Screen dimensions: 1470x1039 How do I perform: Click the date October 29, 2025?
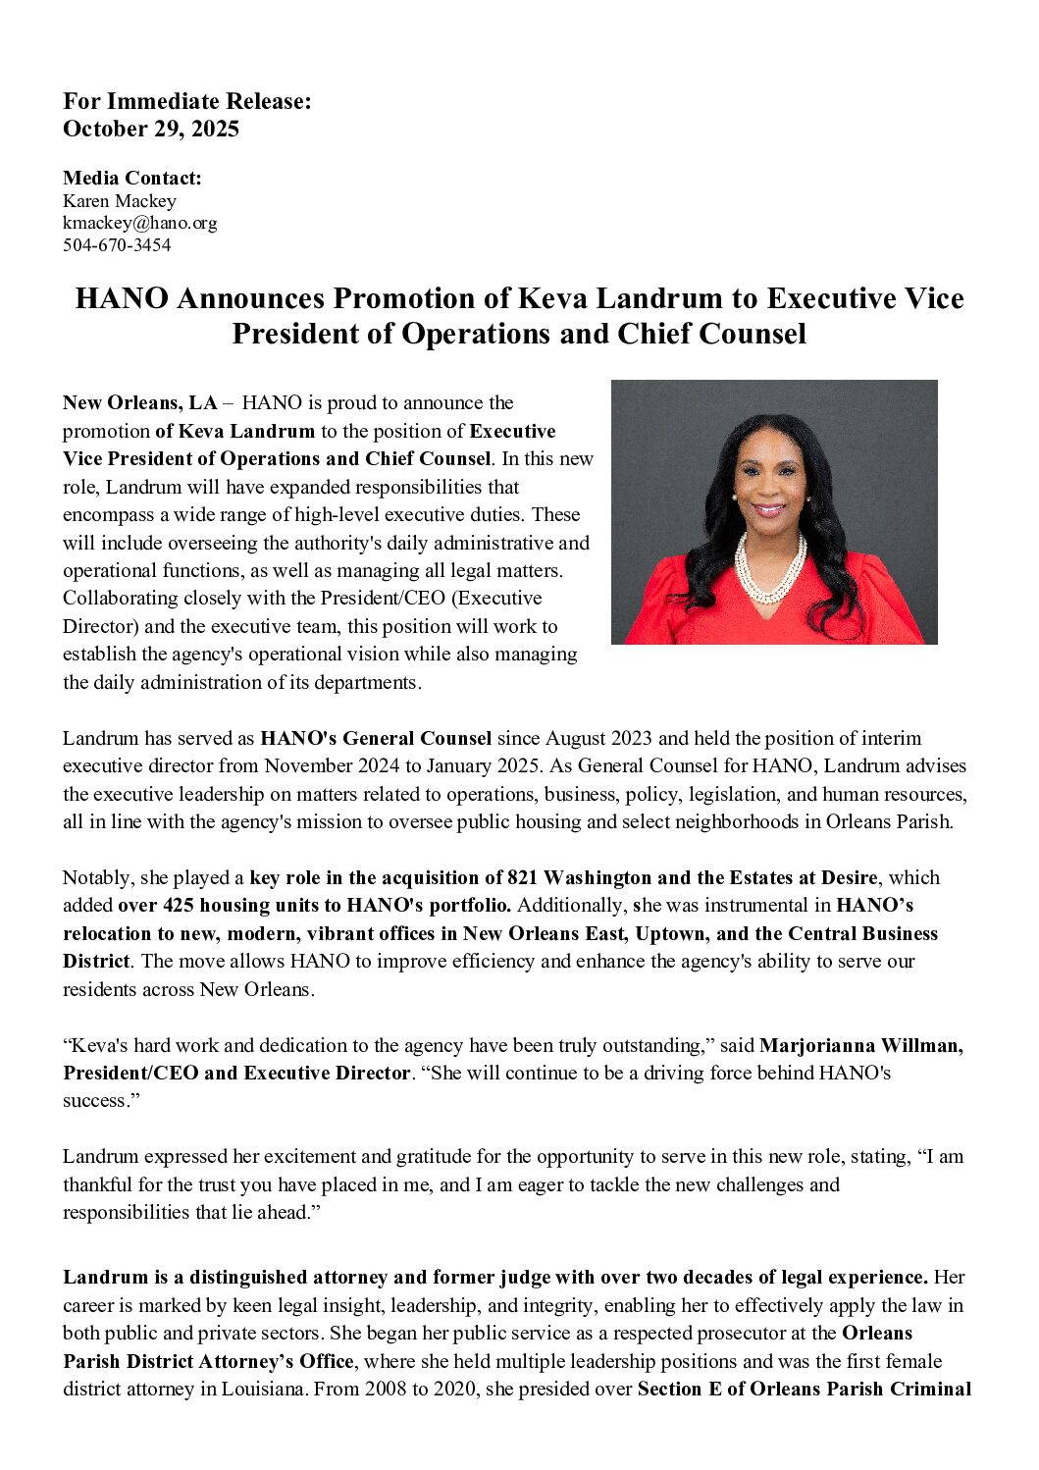click(151, 129)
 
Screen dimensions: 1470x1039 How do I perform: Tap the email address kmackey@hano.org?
click(140, 223)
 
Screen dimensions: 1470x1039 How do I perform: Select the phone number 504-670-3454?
click(117, 245)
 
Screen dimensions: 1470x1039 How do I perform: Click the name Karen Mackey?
click(120, 200)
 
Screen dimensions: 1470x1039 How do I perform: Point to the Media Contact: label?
click(132, 178)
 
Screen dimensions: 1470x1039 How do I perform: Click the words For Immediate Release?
click(187, 101)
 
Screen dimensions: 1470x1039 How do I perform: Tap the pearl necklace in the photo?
click(769, 569)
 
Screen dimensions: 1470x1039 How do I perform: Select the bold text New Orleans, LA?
click(140, 402)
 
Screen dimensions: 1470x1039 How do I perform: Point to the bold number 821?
click(527, 877)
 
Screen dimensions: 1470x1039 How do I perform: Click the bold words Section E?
click(679, 1389)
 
